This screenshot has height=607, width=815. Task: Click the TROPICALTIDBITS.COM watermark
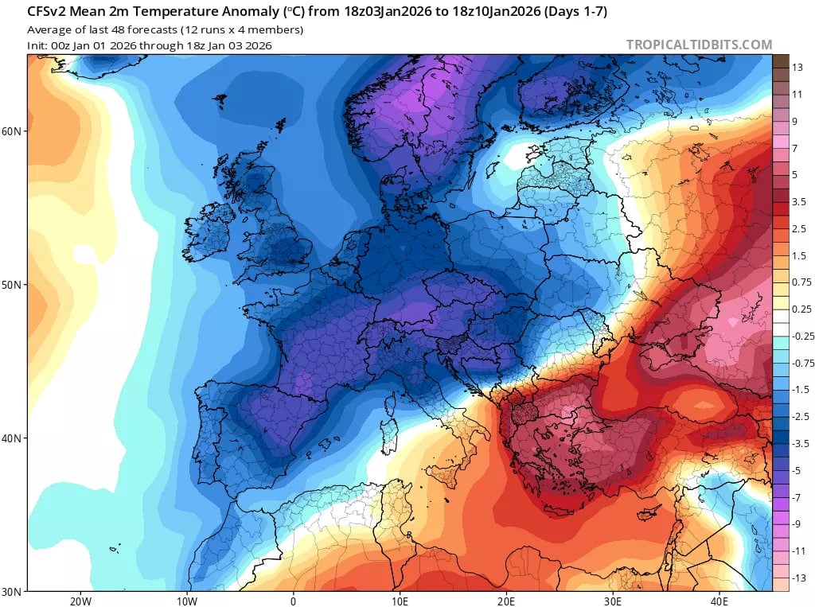click(699, 45)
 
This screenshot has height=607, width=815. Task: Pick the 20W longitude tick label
click(80, 601)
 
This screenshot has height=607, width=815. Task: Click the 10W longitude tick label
click(187, 601)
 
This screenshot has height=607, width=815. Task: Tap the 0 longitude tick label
click(294, 601)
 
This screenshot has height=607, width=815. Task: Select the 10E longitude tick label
click(400, 601)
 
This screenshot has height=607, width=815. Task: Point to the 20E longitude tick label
click(507, 601)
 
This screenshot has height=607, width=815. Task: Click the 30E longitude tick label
click(613, 601)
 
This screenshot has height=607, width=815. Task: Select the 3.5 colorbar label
click(800, 202)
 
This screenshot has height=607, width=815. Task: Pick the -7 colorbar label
click(797, 496)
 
